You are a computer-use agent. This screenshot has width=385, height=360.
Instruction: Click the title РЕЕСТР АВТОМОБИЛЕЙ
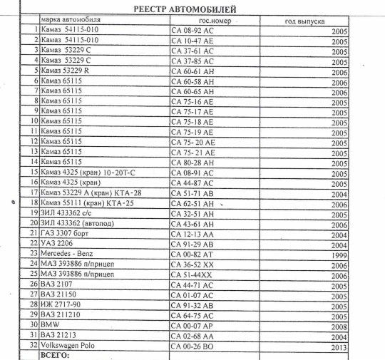tap(184, 9)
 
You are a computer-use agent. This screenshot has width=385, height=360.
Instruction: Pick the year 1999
tap(339, 255)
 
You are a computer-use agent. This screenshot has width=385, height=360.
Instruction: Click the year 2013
tap(339, 347)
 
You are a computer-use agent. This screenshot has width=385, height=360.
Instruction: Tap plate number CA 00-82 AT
tap(192, 254)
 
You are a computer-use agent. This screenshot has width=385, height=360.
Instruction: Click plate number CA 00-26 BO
tap(192, 346)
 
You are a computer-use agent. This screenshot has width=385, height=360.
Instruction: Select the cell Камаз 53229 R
tap(66, 71)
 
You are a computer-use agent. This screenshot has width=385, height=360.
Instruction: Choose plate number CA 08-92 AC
tap(192, 31)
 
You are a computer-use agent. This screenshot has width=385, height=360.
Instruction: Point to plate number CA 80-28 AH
tap(192, 163)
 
